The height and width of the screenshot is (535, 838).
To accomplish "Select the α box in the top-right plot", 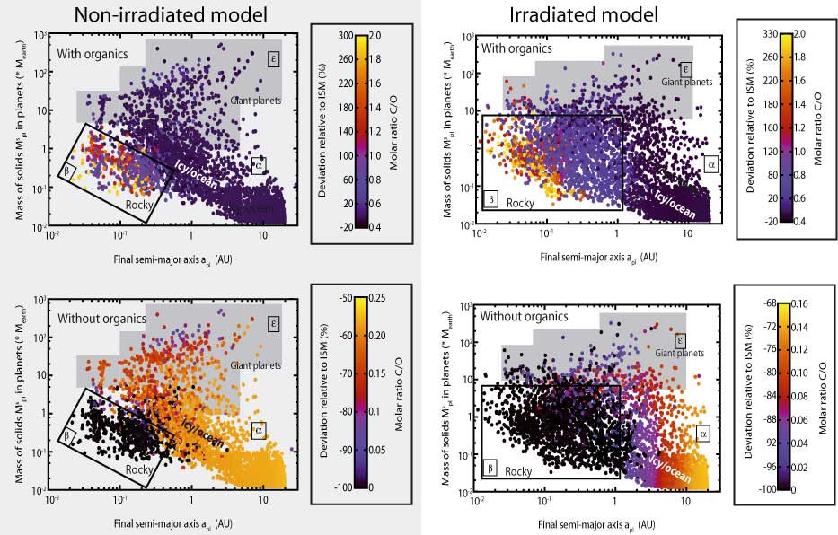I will point(710,164).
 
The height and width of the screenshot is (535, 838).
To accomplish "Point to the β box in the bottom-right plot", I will point(491,468).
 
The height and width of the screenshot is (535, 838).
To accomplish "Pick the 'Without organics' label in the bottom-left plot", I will point(101,319).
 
